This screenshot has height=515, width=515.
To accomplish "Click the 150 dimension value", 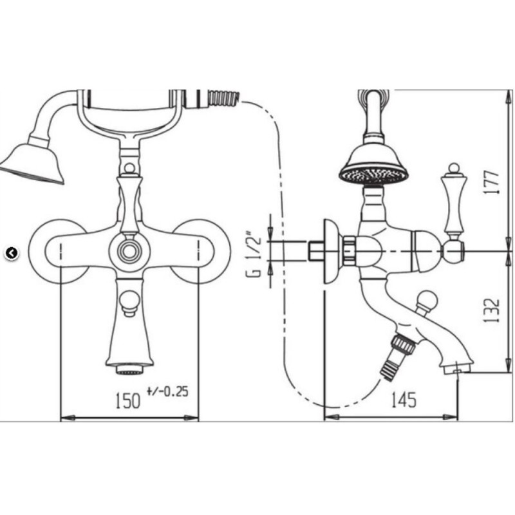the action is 127,400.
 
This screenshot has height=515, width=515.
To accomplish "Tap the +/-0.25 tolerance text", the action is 167,391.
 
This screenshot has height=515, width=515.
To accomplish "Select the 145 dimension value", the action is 404,399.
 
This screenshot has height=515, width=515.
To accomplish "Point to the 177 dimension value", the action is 492,182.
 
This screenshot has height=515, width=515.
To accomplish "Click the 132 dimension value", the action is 492,310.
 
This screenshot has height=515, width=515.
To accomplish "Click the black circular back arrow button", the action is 12,253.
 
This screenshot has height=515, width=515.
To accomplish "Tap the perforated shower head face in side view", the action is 374,175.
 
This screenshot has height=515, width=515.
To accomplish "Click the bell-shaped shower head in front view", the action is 33,163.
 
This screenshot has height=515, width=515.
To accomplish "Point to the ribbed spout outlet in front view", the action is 129,371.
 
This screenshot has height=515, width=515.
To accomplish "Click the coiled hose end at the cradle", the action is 223,98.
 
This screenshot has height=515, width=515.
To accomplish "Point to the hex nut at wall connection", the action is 349,250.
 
